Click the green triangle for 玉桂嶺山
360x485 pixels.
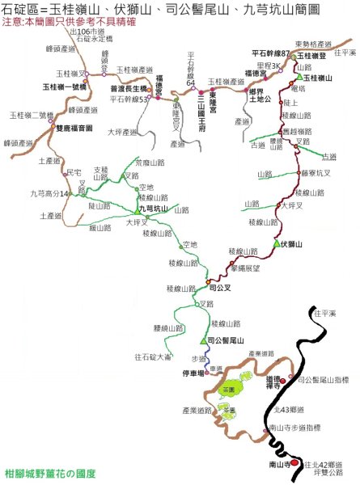(299, 78)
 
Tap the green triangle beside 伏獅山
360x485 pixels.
(277, 243)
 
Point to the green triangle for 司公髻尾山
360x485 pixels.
(204, 341)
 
